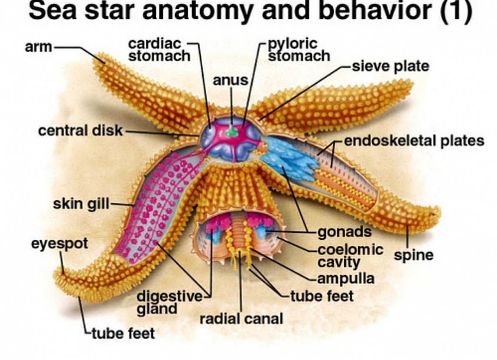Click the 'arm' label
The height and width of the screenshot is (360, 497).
coord(38,47)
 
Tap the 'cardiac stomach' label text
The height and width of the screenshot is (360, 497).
coord(159,50)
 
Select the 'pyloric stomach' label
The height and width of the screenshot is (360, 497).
coord(299,50)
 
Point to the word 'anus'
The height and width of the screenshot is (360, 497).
coord(230,80)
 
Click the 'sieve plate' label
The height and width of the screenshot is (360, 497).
coord(390,67)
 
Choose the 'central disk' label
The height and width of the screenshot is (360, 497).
coord(80,131)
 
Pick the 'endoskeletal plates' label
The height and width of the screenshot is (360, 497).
coord(415,141)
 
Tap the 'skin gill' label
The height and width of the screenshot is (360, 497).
coord(81,204)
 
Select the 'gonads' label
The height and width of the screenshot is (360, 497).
coord(344,232)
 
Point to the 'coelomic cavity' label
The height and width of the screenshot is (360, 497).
coord(350,256)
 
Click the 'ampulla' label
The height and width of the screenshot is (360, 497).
coord(346,279)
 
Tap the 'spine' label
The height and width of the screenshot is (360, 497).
coord(413,255)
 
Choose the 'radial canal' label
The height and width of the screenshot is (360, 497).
coord(241,318)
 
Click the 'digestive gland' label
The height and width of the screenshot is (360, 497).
coord(169,303)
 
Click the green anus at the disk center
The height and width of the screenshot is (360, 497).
coord(232,131)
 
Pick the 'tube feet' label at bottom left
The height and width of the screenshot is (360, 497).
coord(123,333)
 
